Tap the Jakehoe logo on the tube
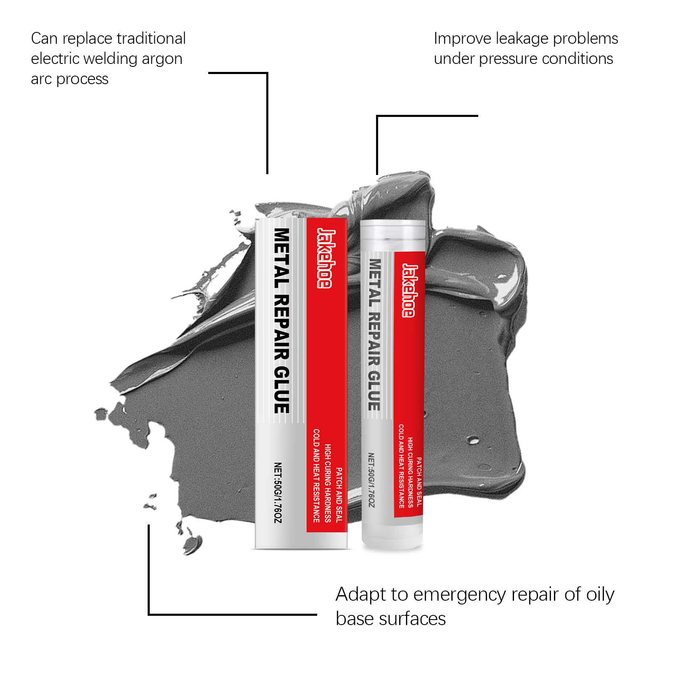(409, 290)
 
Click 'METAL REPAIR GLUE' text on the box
(282, 321)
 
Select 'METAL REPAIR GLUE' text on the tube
(374, 334)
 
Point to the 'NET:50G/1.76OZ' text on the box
(278, 493)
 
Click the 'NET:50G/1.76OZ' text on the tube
(371, 480)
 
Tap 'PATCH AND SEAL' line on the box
(339, 495)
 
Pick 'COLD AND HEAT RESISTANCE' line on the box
(316, 475)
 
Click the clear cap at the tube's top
(393, 234)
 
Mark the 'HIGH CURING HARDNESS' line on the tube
(410, 472)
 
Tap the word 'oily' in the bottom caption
(600, 595)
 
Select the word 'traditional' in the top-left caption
(151, 39)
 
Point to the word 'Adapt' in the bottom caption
(361, 595)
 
